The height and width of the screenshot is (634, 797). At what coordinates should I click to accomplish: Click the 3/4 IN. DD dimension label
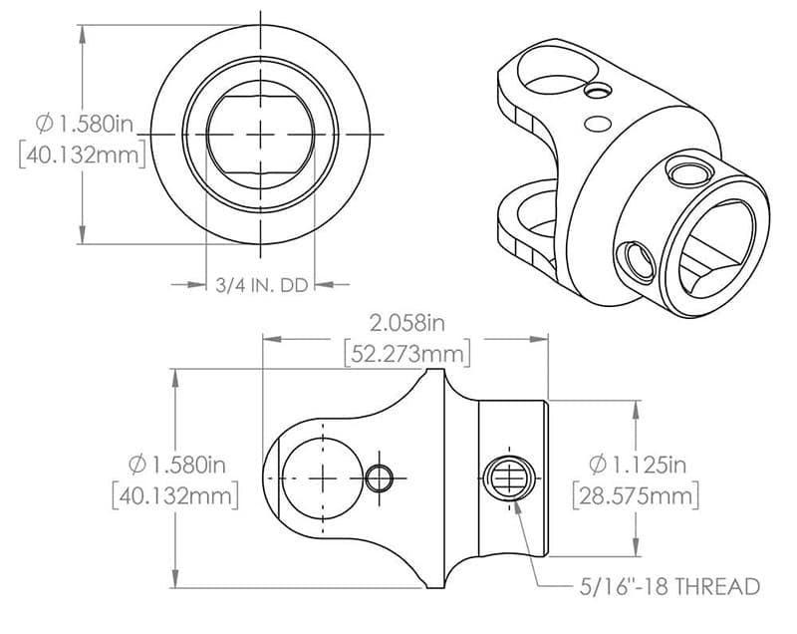pos(260,285)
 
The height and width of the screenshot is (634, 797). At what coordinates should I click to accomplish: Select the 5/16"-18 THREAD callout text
pos(670,586)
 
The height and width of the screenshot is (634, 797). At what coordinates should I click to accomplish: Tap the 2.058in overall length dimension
pos(405,324)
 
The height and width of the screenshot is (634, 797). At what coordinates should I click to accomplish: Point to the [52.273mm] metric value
pos(405,354)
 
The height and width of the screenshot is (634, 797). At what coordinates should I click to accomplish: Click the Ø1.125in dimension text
pos(638,465)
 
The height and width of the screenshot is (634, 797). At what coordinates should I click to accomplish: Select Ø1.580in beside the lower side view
pos(176,465)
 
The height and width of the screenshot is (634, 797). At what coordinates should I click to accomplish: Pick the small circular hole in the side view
pos(379,478)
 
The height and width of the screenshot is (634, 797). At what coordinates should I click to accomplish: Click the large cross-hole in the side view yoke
pos(322,478)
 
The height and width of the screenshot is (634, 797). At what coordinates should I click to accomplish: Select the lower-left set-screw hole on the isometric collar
pos(635,261)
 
